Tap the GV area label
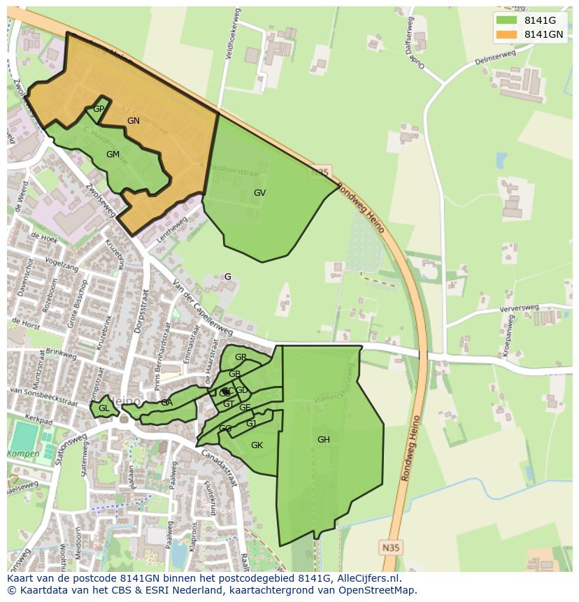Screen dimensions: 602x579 (259, 193)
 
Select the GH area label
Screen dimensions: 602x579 (323, 440)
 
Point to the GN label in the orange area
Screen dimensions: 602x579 (134, 121)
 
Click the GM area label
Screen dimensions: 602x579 (113, 155)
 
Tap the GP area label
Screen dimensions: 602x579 (99, 109)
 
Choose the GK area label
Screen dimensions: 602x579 (257, 445)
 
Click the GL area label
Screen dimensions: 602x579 (103, 408)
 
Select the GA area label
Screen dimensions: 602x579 (166, 403)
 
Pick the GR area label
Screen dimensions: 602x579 (241, 357)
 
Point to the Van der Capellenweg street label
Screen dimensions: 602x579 (201, 308)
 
